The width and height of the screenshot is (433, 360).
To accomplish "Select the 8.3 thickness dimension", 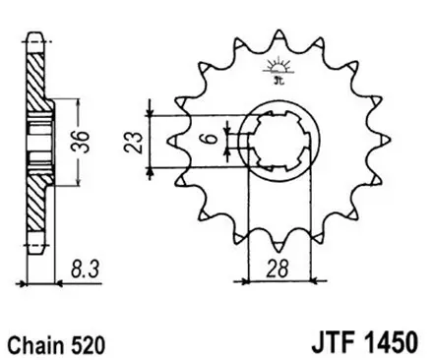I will click(85, 265).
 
